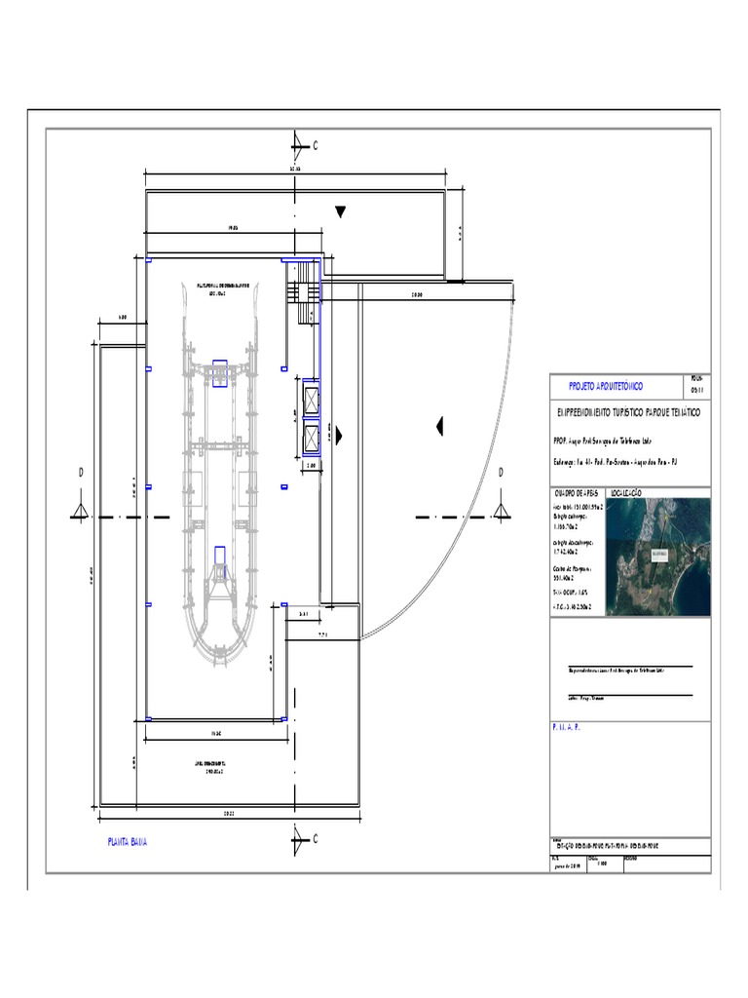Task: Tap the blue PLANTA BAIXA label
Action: [x=128, y=840]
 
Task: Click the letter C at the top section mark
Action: [x=315, y=145]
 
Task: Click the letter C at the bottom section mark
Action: [x=315, y=838]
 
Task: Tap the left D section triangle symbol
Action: [x=81, y=512]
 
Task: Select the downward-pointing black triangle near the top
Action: [x=340, y=212]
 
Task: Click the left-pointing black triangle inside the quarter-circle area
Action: [x=440, y=425]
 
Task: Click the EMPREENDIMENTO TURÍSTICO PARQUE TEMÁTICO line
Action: [x=627, y=413]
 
